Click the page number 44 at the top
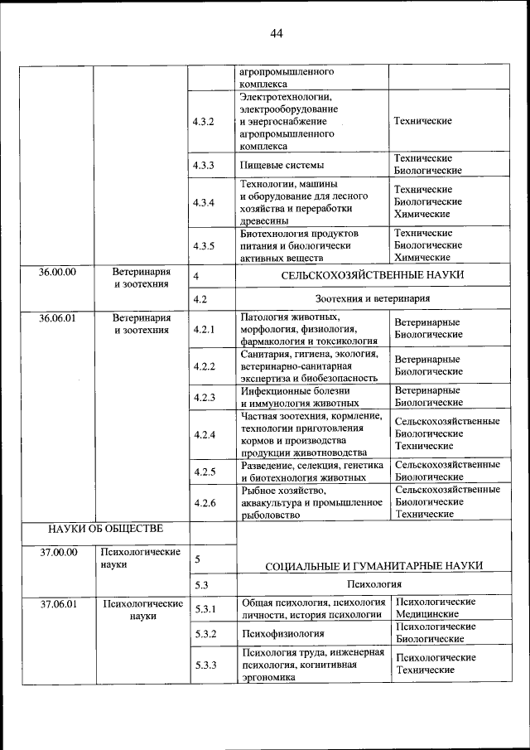[276, 33]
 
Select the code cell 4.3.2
[203, 121]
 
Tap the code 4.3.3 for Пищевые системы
[203, 165]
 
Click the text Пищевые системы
[282, 165]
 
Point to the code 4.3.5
[203, 246]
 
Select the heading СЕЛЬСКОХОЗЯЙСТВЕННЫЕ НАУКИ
[372, 275]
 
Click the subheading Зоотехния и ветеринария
[372, 298]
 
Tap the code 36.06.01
[57, 317]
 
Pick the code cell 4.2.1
[203, 329]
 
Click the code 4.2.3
[203, 397]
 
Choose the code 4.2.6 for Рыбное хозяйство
[203, 502]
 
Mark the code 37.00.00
[57, 551]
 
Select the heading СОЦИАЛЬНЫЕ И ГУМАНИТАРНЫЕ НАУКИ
[373, 565]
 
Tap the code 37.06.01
[57, 604]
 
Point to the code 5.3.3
[203, 665]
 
